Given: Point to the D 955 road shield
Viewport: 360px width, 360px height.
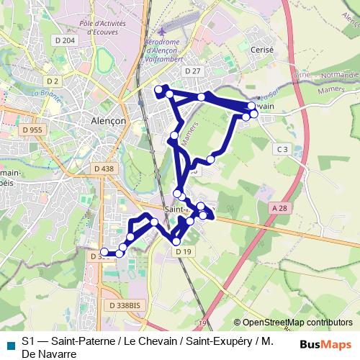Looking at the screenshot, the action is tap(32, 130).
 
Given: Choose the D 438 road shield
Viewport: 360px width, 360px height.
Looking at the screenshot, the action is tap(103, 168).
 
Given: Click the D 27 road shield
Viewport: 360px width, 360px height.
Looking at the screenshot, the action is tap(192, 71).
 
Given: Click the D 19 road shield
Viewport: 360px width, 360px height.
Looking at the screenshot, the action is tap(183, 251).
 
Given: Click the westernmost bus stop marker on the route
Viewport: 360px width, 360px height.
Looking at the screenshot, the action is tap(104, 252).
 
